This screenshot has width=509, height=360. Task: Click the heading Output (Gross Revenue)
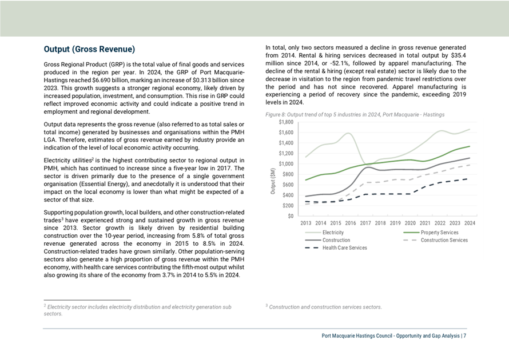pos(89,49)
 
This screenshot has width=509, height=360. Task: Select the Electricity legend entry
pos(324,233)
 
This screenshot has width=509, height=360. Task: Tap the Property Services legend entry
pos(431,233)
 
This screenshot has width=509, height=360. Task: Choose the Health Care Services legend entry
pos(336,248)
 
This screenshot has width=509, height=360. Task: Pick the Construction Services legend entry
pos(435,241)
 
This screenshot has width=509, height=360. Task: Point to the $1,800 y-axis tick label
pos(286,122)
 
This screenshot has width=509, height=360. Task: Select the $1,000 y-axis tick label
pos(286,164)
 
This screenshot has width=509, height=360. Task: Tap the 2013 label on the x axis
pos(306,223)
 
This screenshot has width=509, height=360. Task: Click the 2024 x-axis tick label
pos(470,223)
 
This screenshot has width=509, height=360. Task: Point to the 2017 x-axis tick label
pos(365,223)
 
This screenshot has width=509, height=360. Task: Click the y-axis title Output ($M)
pos(273,181)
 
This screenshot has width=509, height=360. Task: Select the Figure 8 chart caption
pos(355,114)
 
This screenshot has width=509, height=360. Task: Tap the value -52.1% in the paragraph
pos(339,63)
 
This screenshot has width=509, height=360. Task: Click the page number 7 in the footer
pos(465,336)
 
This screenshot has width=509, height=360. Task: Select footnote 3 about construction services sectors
pos(324,307)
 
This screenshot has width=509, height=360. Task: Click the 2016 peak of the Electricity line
pos(348,133)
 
